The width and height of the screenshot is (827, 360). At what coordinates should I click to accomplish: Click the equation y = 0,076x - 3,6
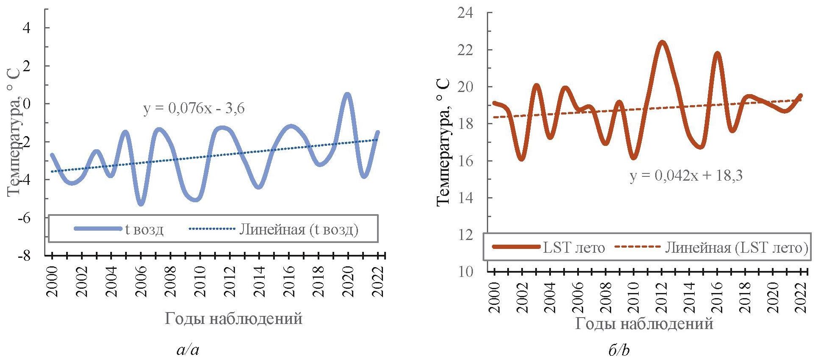tap(194, 109)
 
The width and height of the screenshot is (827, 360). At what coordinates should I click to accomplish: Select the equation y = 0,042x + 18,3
tap(686, 176)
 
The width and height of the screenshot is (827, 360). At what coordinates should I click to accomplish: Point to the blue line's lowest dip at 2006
tap(141, 204)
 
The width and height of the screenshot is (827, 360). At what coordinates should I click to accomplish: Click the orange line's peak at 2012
tap(662, 42)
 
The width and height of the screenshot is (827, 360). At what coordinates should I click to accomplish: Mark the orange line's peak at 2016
tap(717, 53)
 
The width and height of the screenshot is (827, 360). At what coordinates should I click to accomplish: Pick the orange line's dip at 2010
tap(634, 158)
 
